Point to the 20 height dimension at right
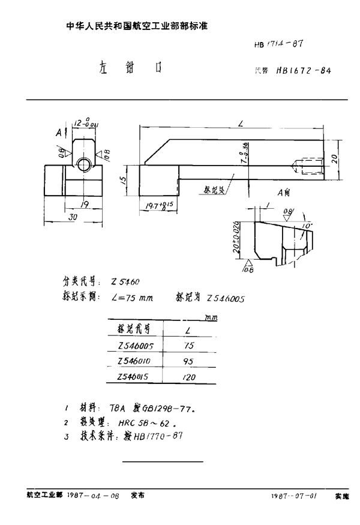coord(335,160)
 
